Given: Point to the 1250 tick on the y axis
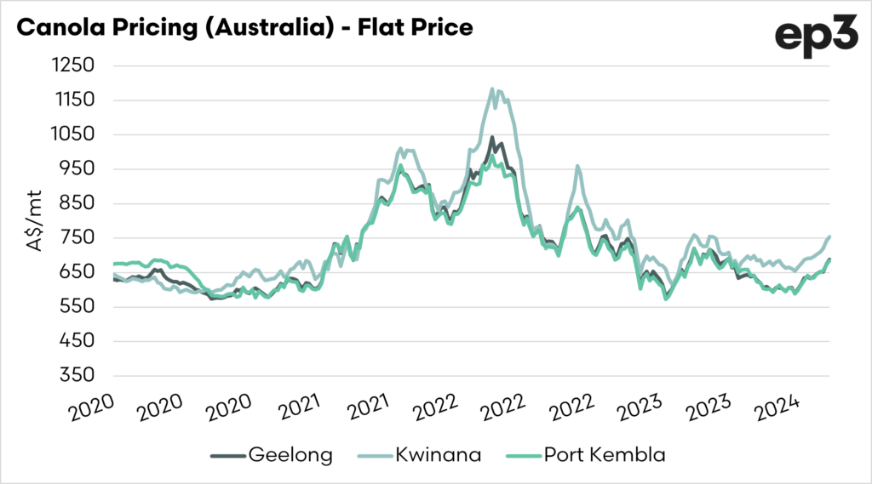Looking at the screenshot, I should [x=74, y=65].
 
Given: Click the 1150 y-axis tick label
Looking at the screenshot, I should [x=74, y=100].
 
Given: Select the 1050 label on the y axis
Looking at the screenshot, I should [x=74, y=134].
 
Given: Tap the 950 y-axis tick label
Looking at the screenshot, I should [x=77, y=168].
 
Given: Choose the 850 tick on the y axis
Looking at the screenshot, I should [x=77, y=203].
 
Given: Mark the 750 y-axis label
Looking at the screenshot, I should [x=77, y=237].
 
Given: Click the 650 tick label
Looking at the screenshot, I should [x=77, y=272].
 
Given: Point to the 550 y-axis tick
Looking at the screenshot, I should [x=77, y=306].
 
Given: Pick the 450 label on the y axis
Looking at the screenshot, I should [x=77, y=341].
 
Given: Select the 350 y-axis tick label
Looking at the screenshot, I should [x=77, y=375].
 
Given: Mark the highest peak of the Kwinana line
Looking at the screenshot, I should [x=492, y=88].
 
